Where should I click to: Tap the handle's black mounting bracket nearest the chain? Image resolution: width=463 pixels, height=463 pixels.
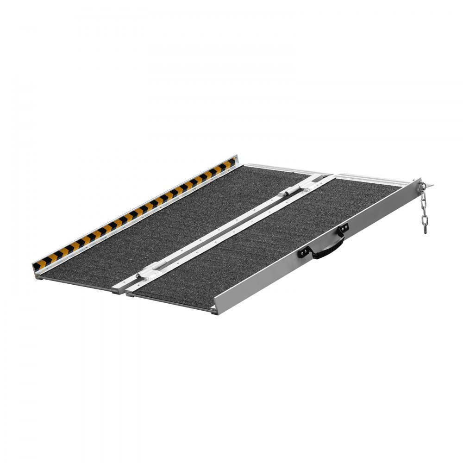tap(343, 229)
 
